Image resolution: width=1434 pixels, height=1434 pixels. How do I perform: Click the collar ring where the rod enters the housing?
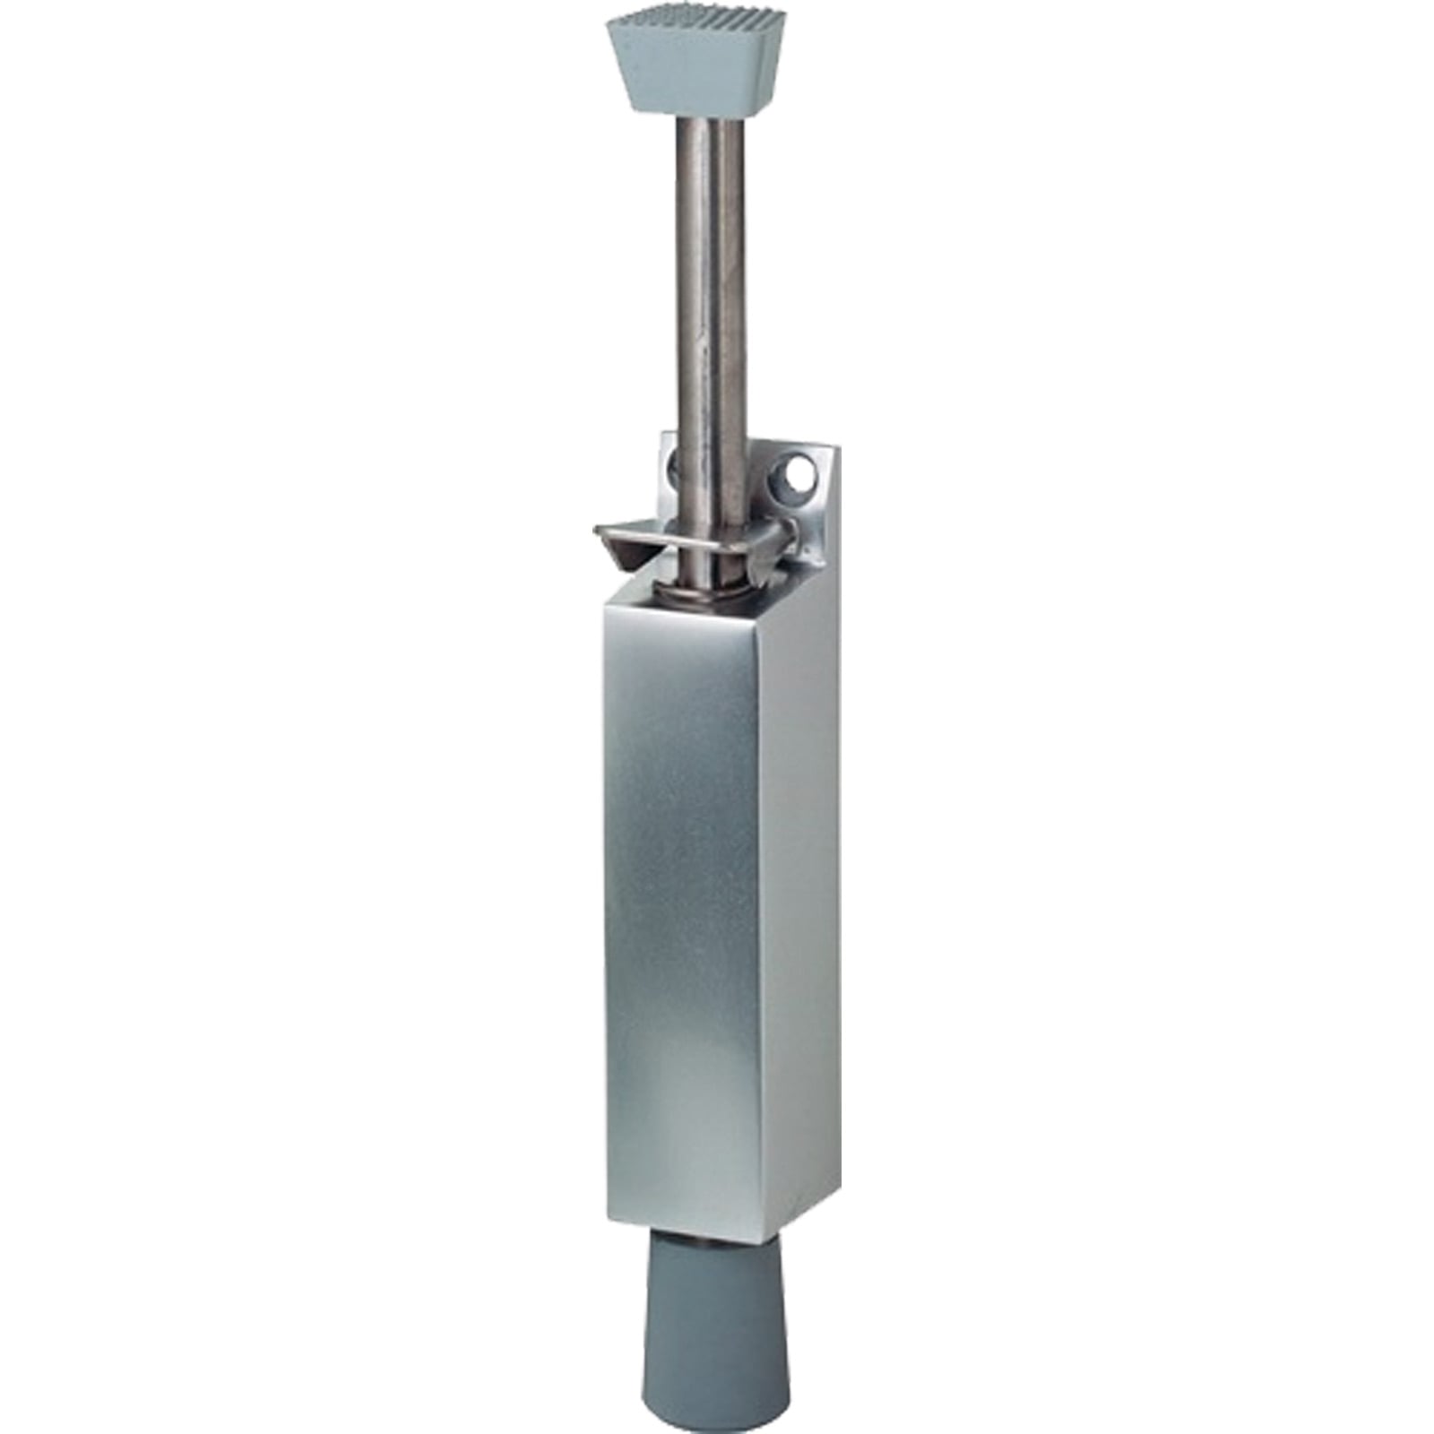click(708, 592)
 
